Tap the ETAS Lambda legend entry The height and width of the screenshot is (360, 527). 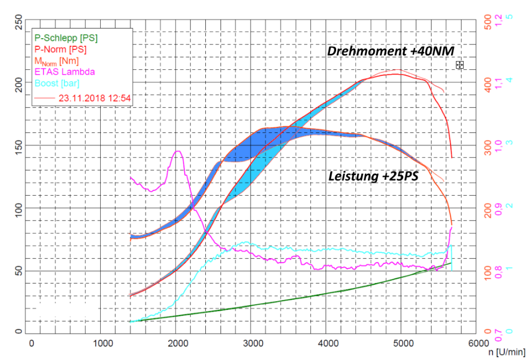point(64,71)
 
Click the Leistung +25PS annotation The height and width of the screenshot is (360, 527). point(373,176)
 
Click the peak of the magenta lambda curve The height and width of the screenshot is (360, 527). point(177,151)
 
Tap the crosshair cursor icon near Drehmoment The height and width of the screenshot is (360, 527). point(460,65)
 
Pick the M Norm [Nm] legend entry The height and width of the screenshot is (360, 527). point(56,60)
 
